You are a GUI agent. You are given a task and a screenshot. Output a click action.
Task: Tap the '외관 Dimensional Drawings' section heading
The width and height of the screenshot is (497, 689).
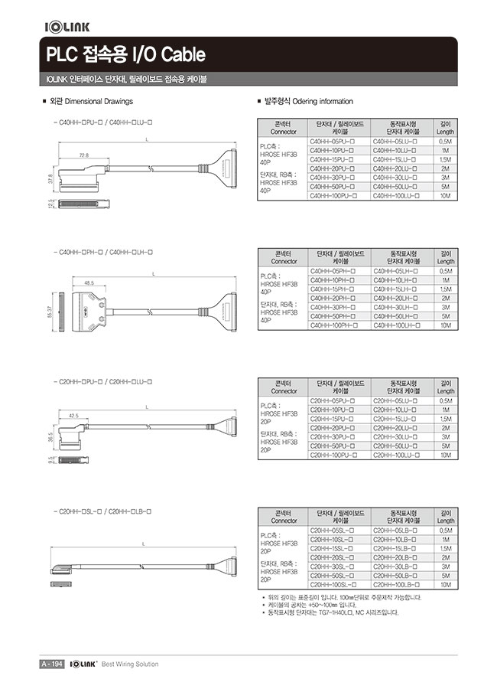(x=90, y=101)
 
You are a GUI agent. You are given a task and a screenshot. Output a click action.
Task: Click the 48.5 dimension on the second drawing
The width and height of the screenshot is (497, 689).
(x=89, y=282)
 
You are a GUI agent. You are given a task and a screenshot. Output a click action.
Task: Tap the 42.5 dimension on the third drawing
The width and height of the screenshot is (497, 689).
(x=74, y=415)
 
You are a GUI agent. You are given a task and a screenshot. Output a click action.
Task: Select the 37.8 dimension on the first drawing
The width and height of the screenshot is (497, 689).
(x=51, y=181)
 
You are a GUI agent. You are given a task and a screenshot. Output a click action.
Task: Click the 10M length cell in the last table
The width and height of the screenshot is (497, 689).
(x=445, y=584)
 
